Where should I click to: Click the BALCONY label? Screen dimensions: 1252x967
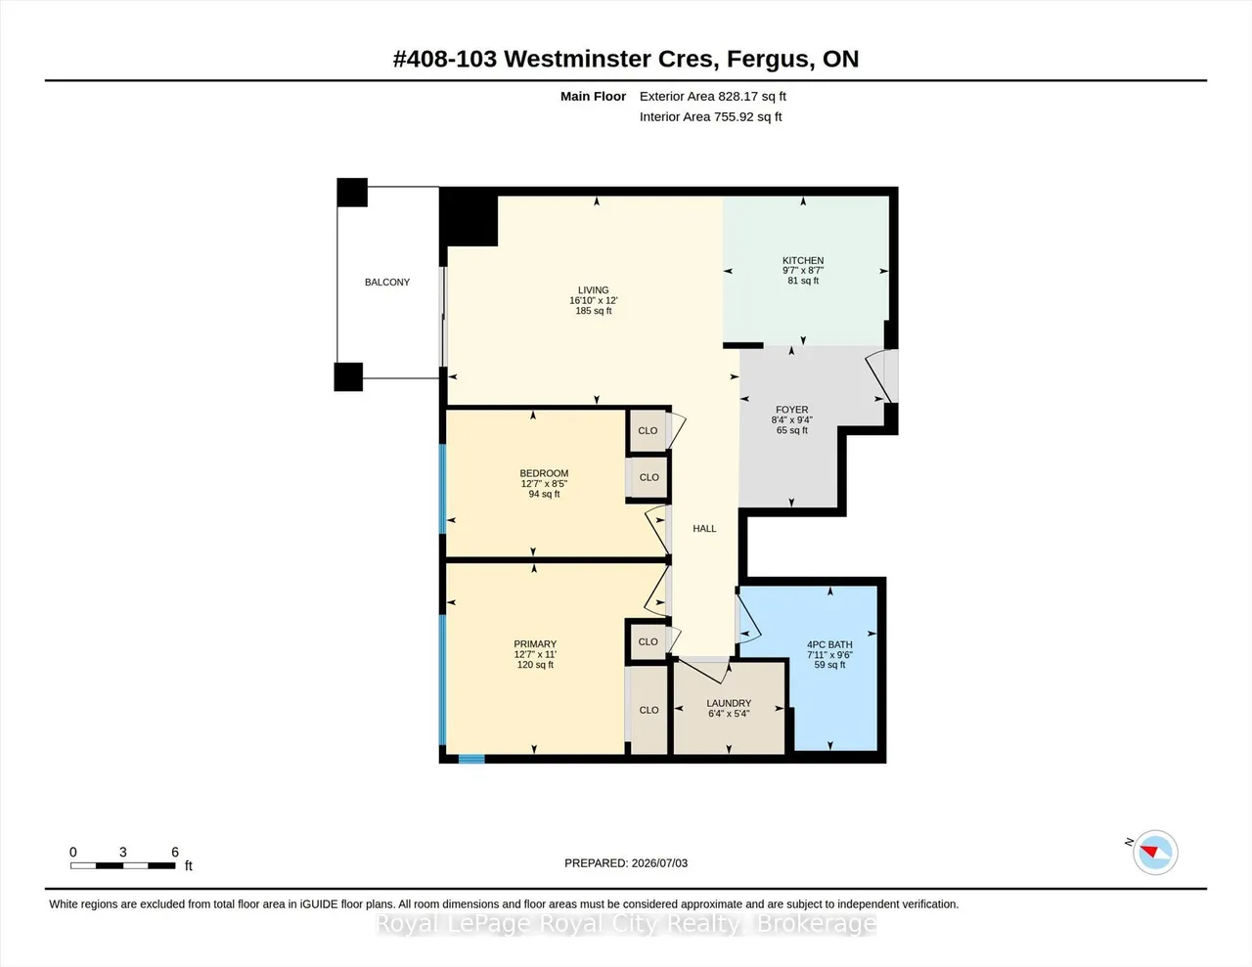pos(387,283)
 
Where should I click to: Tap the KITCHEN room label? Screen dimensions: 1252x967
pos(803,260)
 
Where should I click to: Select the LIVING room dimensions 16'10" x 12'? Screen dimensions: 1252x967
pos(594,300)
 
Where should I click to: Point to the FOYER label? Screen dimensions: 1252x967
pos(791,410)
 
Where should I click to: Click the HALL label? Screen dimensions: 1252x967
pos(704,529)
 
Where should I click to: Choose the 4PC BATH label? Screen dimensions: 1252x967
pos(829,644)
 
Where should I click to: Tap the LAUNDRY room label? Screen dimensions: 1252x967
pos(729,703)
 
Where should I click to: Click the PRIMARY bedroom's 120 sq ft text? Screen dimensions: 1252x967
pos(535,665)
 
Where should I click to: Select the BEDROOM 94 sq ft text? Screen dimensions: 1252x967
pos(544,494)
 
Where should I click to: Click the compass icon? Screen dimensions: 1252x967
pos(1154,853)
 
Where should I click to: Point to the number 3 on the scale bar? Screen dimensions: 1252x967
pos(122,852)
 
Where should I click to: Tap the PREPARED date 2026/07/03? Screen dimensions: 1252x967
pos(659,862)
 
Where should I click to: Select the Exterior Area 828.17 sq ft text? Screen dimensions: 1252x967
pos(713,96)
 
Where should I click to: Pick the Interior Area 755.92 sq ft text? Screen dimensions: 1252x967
pos(710,117)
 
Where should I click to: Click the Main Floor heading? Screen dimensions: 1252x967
pos(593,96)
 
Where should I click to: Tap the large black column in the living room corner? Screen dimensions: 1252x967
pos(469,219)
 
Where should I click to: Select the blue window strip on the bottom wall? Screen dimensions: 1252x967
pos(471,759)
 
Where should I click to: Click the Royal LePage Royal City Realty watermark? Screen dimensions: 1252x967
pos(626,924)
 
